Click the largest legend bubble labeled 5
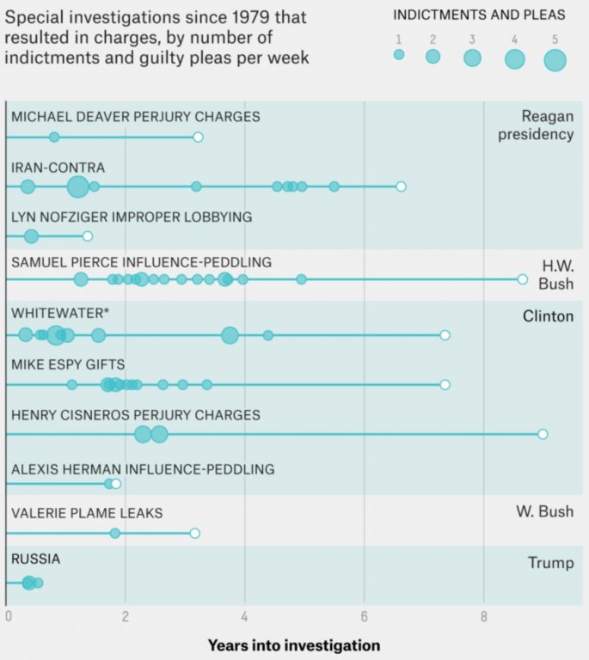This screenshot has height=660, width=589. (555, 60)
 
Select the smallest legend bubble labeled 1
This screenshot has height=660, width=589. (399, 54)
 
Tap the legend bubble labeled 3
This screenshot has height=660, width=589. (472, 58)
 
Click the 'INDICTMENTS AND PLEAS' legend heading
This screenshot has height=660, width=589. (479, 15)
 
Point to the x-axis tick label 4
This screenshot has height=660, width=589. (245, 616)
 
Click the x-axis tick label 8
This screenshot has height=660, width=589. (483, 616)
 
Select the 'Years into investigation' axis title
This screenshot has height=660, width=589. (293, 645)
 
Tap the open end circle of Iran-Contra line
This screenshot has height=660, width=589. (401, 186)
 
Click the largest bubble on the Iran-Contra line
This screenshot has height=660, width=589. (77, 186)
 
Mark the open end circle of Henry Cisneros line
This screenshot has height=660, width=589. (543, 434)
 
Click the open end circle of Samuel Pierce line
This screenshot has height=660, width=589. (523, 279)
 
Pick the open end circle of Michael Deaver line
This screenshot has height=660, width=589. (198, 137)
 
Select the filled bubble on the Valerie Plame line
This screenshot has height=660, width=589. (115, 534)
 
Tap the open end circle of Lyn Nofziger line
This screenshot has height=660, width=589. (87, 236)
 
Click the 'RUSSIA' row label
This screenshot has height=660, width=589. (36, 559)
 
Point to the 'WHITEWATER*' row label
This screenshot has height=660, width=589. (61, 315)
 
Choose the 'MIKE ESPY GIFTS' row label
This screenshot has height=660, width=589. (68, 364)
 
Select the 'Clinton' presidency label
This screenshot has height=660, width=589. (548, 316)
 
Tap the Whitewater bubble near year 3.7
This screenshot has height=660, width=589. (230, 335)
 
